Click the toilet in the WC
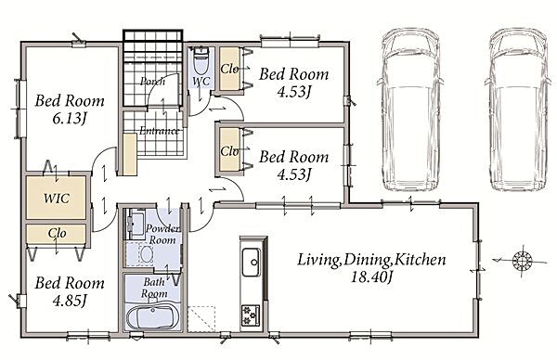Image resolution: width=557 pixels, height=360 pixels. point(201,60)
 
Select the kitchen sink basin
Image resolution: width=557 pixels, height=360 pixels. point(252,262)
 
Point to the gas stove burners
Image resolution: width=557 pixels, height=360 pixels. point(251,315)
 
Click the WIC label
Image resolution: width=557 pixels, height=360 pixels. point(57,199)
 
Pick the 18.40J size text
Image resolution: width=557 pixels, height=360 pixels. point(371,276)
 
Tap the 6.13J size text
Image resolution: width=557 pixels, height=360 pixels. point(70,119)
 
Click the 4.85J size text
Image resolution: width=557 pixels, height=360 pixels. point(70,301)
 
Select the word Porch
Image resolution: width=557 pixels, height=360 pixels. point(153,82)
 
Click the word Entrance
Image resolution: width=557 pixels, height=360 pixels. point(159,131)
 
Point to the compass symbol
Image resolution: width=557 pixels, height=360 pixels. point(523,261)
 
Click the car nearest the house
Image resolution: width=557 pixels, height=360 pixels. point(410,110)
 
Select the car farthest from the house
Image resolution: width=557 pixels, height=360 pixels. point(519,110)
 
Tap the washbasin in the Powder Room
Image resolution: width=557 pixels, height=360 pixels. point(145,254)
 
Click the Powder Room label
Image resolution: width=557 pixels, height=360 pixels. point(163,234)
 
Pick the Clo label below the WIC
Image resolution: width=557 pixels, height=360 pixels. point(57,233)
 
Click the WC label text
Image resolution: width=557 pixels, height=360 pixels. point(201,82)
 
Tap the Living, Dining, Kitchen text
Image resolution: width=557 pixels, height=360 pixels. point(371,260)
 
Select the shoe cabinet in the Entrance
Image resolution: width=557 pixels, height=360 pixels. point(130,154)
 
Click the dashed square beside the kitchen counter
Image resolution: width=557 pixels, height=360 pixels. point(201,319)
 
